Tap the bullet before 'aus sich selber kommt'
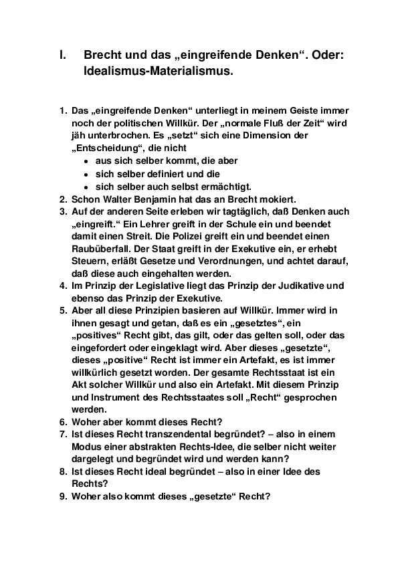[86, 161]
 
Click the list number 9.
[62, 497]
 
